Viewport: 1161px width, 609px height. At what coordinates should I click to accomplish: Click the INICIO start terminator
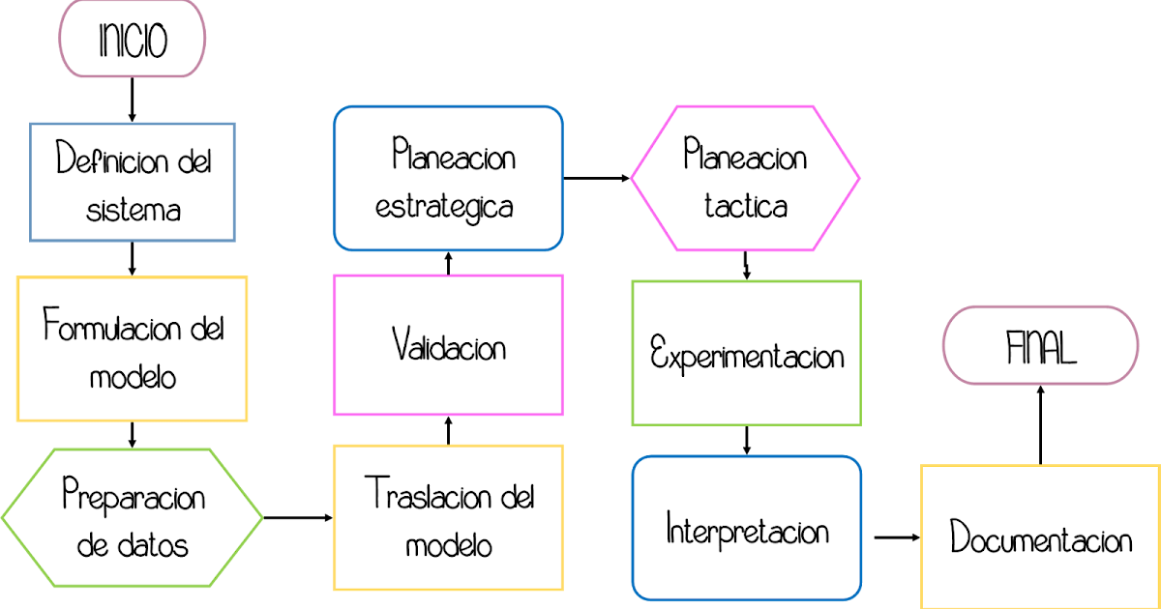click(x=133, y=40)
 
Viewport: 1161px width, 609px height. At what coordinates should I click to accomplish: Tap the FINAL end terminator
click(x=1040, y=346)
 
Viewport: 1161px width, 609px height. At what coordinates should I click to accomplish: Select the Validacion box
click(x=448, y=345)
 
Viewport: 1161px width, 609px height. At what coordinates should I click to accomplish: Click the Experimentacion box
click(x=746, y=353)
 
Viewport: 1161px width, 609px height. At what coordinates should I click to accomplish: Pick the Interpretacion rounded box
click(x=746, y=529)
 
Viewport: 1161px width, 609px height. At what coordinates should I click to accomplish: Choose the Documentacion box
click(x=1040, y=537)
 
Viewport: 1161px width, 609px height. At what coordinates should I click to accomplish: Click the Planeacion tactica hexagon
click(x=745, y=178)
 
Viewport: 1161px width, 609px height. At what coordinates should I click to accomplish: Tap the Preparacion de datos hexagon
click(x=133, y=517)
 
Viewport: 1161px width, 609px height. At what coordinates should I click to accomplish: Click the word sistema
click(x=133, y=210)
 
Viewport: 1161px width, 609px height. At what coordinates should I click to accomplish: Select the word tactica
click(x=745, y=206)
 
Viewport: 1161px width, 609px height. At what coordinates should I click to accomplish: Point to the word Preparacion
click(x=134, y=497)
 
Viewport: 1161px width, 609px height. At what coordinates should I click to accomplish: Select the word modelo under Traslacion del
click(x=448, y=545)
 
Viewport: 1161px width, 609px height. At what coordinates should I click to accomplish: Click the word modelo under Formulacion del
click(x=133, y=376)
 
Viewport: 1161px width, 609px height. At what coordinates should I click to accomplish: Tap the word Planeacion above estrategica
click(x=453, y=155)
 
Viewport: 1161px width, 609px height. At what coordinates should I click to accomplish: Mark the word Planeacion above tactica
click(x=745, y=155)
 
